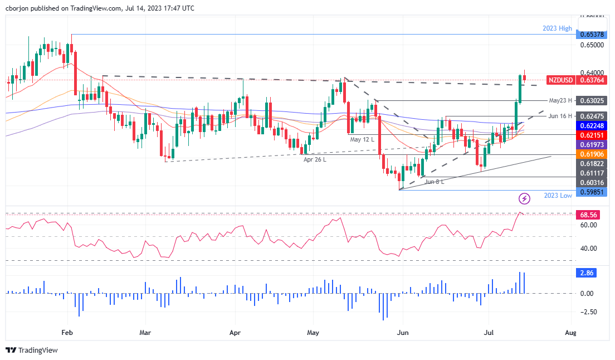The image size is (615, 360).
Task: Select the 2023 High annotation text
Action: pyautogui.click(x=558, y=28)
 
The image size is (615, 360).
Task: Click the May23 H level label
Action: pyautogui.click(x=561, y=101)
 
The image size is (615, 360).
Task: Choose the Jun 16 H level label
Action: pyautogui.click(x=561, y=116)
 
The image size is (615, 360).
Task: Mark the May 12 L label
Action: pyautogui.click(x=363, y=139)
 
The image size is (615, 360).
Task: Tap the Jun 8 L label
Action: pyautogui.click(x=434, y=182)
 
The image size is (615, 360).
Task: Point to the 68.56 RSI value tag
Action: pyautogui.click(x=589, y=214)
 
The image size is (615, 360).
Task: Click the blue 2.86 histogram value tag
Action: pyautogui.click(x=587, y=273)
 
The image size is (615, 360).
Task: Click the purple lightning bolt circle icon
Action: pyautogui.click(x=524, y=198)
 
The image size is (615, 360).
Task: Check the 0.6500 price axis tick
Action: pyautogui.click(x=592, y=45)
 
